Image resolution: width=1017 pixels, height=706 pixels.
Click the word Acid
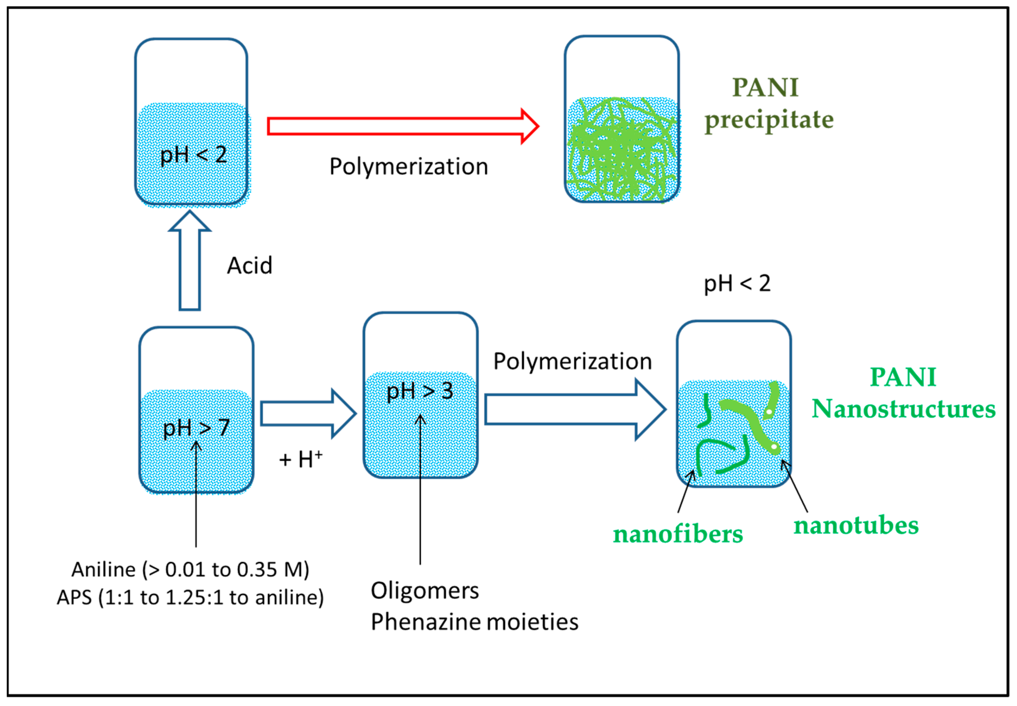[249, 266]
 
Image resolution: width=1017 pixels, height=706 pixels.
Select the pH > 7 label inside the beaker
[196, 428]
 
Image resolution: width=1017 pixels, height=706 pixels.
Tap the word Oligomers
[425, 591]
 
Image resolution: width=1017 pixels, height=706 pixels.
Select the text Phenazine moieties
[474, 622]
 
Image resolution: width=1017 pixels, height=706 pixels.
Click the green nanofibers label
[677, 535]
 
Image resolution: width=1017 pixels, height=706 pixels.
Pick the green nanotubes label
[855, 526]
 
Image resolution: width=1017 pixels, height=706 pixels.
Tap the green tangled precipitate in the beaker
[622, 150]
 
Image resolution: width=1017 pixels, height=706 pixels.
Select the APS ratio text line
[190, 598]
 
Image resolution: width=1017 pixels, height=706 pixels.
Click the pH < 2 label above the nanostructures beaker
[737, 284]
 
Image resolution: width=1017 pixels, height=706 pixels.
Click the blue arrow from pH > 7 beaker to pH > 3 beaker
[308, 414]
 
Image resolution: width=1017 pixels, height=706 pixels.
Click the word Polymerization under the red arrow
[408, 167]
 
